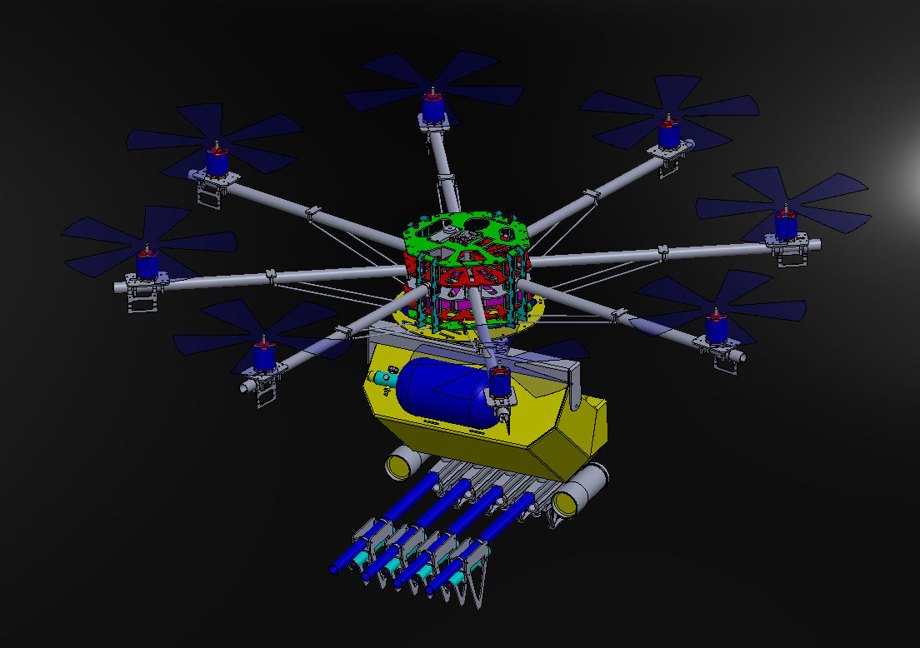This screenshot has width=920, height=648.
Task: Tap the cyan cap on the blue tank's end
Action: pyautogui.click(x=382, y=378)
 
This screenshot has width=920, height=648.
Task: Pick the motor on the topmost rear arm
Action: pyautogui.click(x=432, y=109)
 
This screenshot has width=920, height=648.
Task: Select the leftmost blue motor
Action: pyautogui.click(x=147, y=265)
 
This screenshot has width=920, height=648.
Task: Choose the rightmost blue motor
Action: pyautogui.click(x=785, y=224)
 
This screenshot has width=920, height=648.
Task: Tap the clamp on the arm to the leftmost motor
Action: pyautogui.click(x=271, y=275)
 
